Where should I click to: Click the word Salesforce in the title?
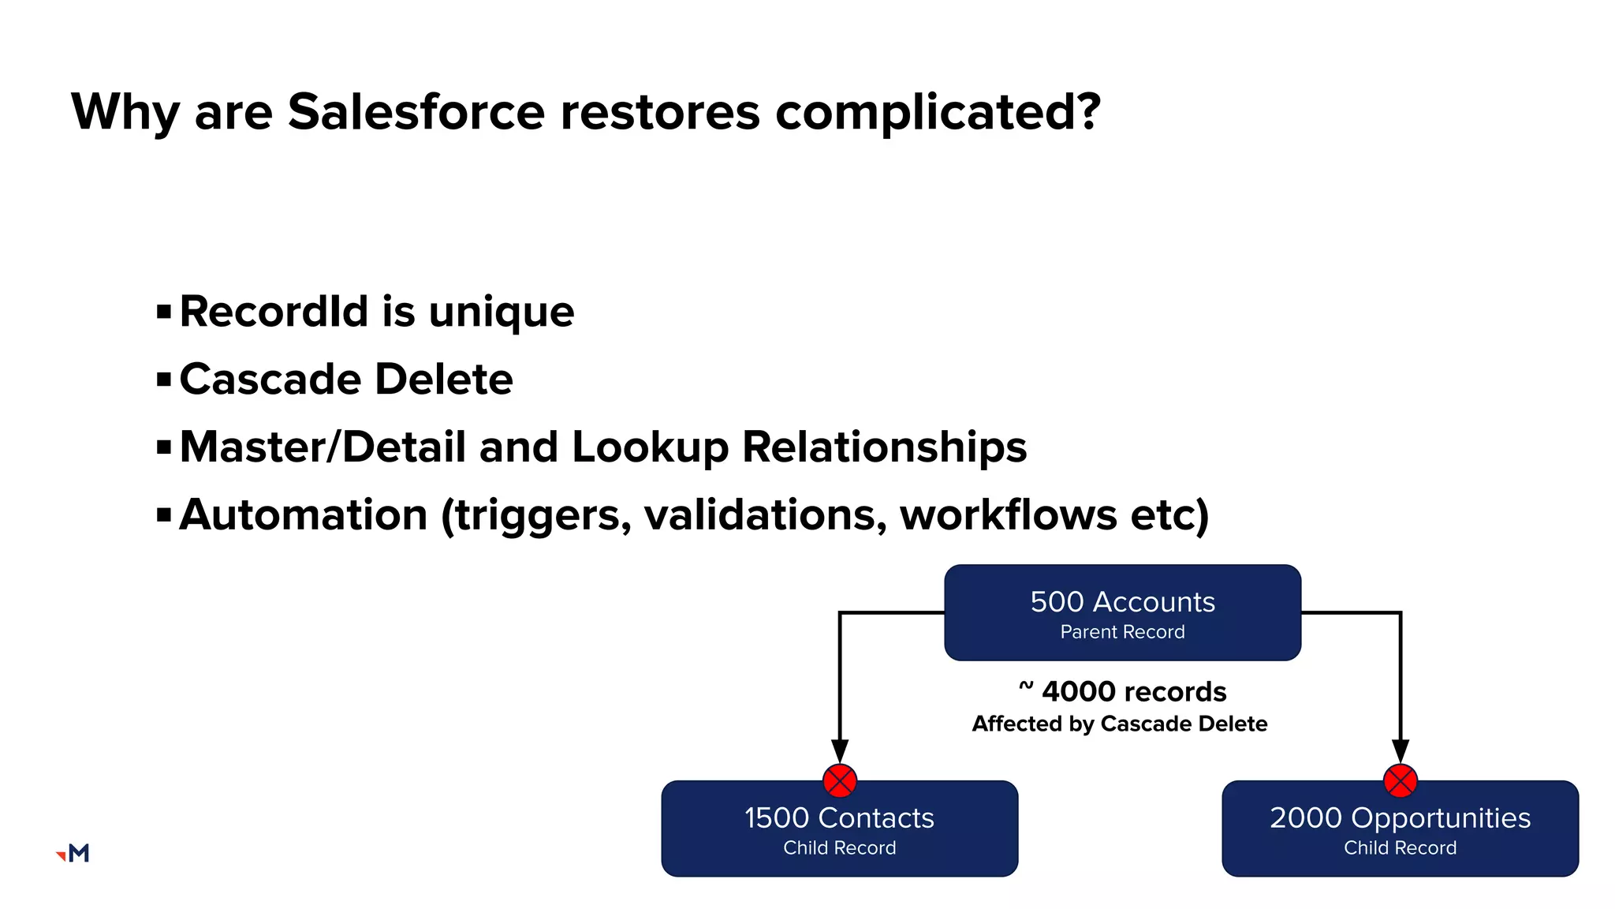tap(416, 111)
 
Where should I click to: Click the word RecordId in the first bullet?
tap(274, 311)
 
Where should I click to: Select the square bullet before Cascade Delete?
tap(164, 380)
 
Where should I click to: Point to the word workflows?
tap(1008, 515)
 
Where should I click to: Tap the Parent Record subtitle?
tap(1122, 632)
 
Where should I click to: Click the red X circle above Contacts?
tap(840, 781)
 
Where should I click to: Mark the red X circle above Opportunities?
tap(1401, 781)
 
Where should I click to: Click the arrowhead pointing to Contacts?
tap(840, 750)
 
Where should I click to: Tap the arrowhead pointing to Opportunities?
tap(1401, 750)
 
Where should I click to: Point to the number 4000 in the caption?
tap(1076, 692)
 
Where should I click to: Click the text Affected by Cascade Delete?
tap(1119, 724)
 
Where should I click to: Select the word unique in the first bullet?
tap(502, 311)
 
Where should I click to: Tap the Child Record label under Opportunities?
tap(1400, 848)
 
